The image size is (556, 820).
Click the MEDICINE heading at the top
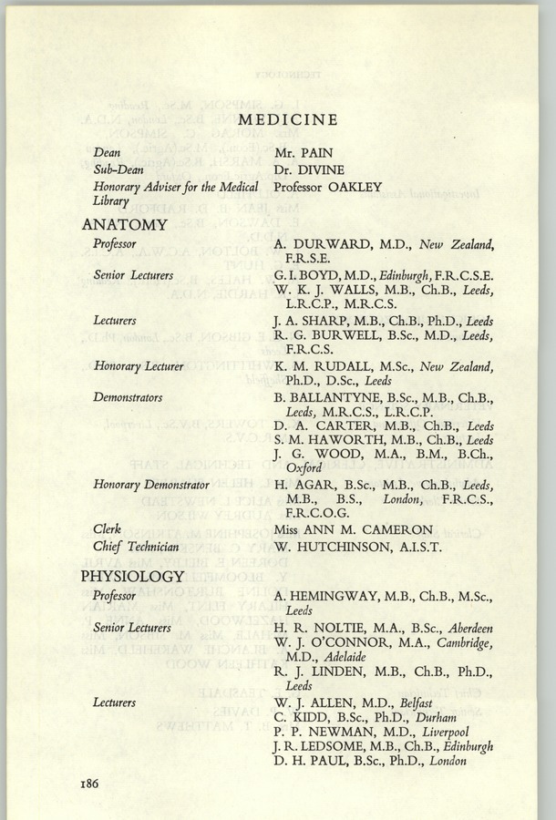[287, 119]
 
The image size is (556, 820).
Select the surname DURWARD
[332, 242]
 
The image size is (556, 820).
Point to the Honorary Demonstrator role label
[151, 486]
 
